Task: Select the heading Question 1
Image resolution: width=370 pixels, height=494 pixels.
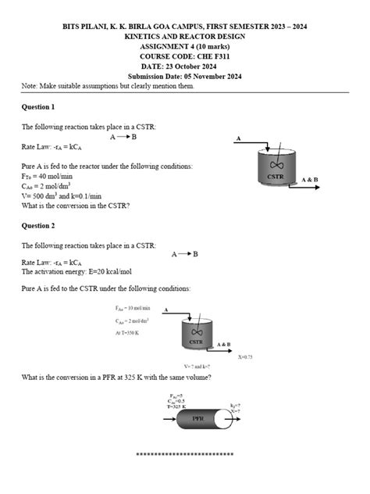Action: click(38, 106)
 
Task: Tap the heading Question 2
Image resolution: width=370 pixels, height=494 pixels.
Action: click(38, 225)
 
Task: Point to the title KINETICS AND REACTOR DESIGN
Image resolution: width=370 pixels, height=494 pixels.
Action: click(185, 37)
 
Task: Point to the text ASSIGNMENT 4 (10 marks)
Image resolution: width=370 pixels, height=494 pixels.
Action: click(185, 47)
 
